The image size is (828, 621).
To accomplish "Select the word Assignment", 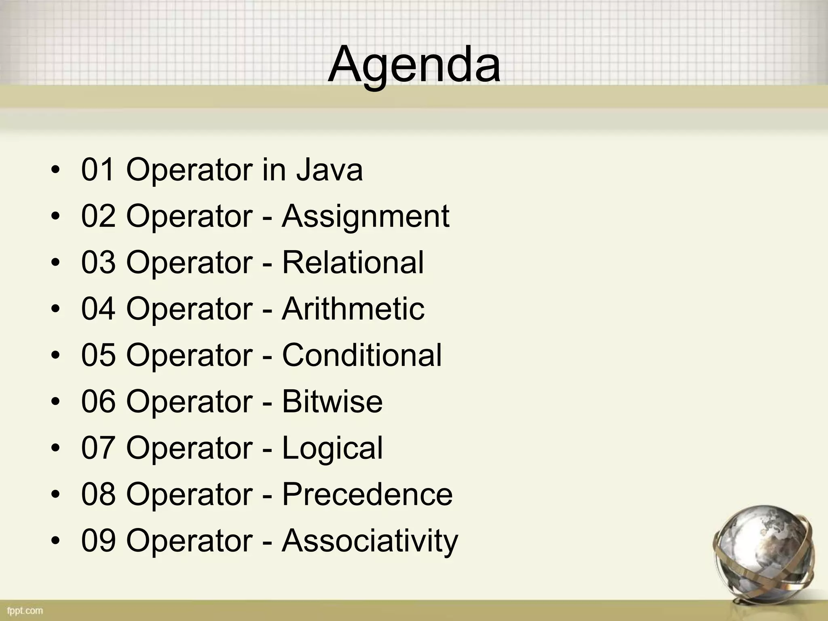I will [x=365, y=217].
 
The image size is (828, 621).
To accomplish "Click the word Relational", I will [x=353, y=262].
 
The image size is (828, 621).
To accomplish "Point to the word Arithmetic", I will [x=353, y=309].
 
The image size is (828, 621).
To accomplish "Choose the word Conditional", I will [x=362, y=355].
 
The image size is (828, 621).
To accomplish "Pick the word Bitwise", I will [x=332, y=401].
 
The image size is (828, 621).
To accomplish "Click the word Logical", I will [x=332, y=448].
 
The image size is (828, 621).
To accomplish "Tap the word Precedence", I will [x=367, y=494].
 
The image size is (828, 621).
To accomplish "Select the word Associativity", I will [x=370, y=541].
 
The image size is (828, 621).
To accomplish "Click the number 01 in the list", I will [x=99, y=170].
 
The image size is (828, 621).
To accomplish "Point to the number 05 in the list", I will [x=99, y=355].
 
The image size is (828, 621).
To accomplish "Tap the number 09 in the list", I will [x=99, y=541].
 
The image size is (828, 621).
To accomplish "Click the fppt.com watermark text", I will [x=25, y=610].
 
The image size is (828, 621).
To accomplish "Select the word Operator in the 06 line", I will [x=189, y=401].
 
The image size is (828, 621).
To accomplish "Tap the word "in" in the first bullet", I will [x=274, y=170].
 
